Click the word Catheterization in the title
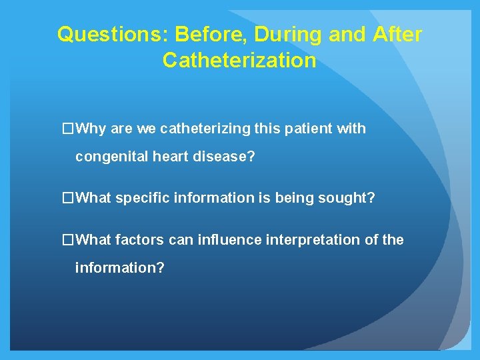[239, 61]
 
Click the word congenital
[107, 157]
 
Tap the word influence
[226, 239]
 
